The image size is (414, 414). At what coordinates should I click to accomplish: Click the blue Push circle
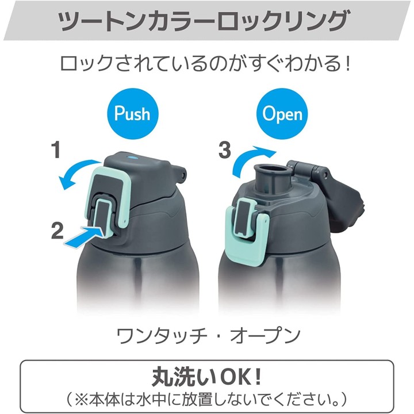[x=133, y=113]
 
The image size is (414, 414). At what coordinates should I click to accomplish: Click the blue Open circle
[x=282, y=113]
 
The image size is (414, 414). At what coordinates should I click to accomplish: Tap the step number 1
[x=56, y=150]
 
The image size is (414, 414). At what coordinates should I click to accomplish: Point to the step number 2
[x=57, y=230]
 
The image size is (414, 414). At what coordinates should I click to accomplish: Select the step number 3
[x=225, y=150]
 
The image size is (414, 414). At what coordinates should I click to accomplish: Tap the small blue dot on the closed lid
[x=132, y=158]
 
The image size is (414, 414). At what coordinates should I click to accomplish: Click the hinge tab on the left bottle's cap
[x=180, y=173]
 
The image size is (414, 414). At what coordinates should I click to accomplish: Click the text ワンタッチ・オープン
[x=209, y=335]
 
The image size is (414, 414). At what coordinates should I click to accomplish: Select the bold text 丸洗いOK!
[x=207, y=378]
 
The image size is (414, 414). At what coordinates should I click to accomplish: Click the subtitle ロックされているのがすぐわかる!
[x=205, y=63]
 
